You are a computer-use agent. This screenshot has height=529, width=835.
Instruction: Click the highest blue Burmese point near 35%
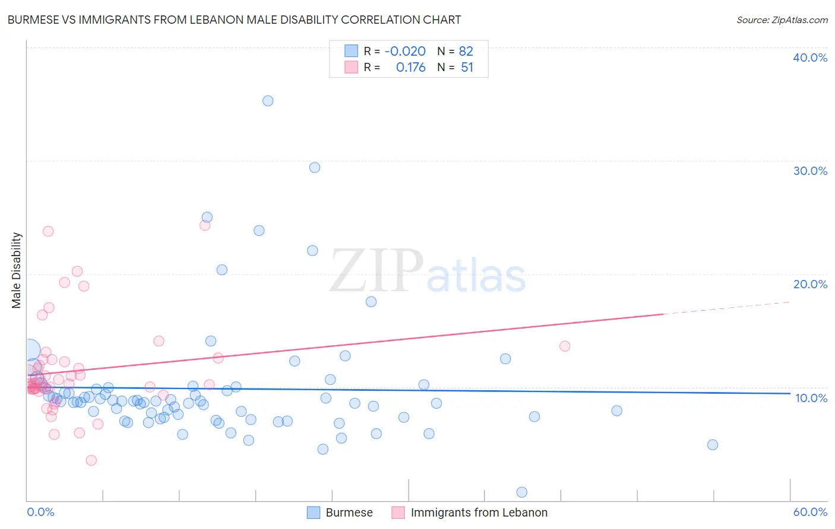pos(268,101)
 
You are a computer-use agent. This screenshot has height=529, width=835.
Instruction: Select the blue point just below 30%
pos(315,168)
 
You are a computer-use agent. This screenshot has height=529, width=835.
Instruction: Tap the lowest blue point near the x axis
pos(522,492)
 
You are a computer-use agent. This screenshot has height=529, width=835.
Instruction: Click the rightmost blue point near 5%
pos(713,445)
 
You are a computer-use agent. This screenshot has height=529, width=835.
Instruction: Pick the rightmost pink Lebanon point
pos(565,346)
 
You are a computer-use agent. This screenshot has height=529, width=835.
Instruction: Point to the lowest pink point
pos(91,460)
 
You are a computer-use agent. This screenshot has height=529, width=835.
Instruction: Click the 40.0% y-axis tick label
pos(810,58)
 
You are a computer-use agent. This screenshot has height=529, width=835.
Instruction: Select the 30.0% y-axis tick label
pos(810,171)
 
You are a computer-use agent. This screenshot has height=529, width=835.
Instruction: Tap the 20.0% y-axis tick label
pos(810,284)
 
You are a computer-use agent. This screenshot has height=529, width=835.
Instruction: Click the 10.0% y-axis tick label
pos(811,398)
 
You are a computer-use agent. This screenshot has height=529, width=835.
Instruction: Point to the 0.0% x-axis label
pos(40,512)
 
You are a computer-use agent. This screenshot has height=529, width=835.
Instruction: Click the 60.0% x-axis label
pos(810,512)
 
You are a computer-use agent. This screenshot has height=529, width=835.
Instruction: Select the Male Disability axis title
pos(17,270)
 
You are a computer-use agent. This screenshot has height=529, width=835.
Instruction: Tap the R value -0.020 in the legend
pos(405,52)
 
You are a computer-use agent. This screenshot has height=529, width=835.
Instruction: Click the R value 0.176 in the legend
pos(410,68)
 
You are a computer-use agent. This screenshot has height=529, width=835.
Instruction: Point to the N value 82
pos(466,52)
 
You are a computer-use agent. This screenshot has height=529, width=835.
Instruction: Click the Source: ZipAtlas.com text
pos(782,20)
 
